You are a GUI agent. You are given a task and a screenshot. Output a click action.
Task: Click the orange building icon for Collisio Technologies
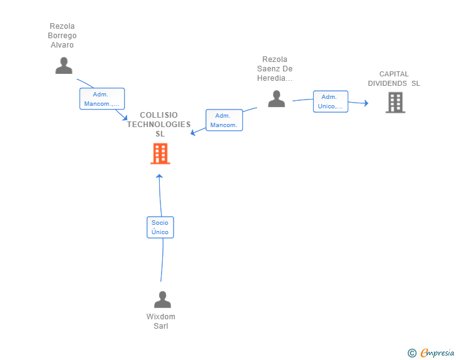click(x=160, y=153)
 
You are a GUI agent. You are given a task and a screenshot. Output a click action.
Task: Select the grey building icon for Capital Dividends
click(x=395, y=102)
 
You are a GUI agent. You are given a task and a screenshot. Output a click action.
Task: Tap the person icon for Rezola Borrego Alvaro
click(x=63, y=66)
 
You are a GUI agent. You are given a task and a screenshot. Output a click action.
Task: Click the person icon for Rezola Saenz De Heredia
click(x=276, y=99)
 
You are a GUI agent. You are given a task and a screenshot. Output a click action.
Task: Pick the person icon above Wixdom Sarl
click(x=162, y=300)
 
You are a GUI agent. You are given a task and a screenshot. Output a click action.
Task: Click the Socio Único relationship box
click(x=160, y=227)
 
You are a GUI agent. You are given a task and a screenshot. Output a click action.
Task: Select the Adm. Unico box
click(x=330, y=101)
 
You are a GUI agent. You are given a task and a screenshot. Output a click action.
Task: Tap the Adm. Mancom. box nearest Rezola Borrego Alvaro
click(x=101, y=99)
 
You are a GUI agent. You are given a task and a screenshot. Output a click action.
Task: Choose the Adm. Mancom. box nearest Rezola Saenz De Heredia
click(x=224, y=120)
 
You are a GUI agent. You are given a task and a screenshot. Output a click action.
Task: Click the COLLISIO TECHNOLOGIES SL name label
click(x=159, y=124)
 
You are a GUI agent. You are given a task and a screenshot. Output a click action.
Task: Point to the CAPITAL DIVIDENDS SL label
click(x=394, y=78)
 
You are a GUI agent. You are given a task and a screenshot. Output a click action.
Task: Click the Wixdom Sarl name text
click(x=161, y=321)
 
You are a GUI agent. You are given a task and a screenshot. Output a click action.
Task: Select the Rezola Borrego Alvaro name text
click(x=62, y=36)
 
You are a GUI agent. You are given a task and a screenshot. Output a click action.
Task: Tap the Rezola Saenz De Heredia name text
click(x=275, y=69)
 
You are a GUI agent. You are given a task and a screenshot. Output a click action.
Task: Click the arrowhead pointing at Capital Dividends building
click(x=366, y=103)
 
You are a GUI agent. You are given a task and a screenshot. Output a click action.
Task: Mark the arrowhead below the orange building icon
click(x=159, y=177)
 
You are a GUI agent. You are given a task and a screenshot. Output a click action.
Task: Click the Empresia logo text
click(x=437, y=353)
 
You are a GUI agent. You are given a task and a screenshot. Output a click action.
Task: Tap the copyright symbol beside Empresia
click(x=412, y=353)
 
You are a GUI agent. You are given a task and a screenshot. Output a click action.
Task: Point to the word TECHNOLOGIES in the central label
click(x=159, y=124)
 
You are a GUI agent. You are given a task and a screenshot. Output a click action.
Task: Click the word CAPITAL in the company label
click(x=394, y=74)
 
